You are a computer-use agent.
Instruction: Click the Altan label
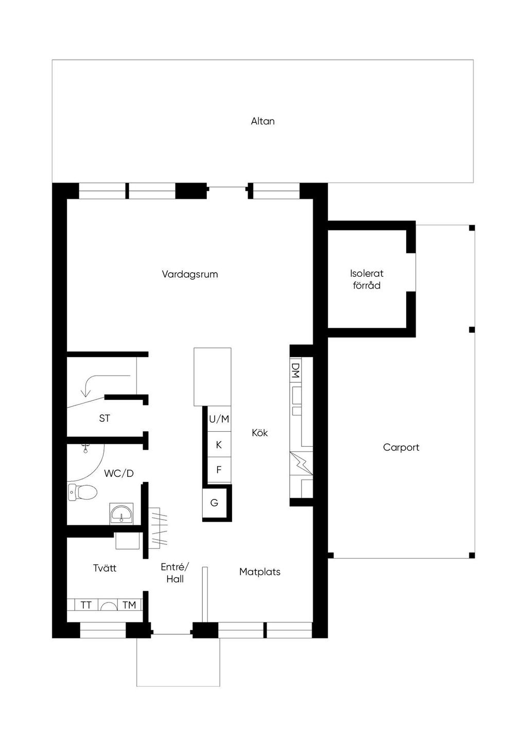[x=262, y=121]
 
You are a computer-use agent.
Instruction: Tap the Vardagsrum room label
[x=190, y=274]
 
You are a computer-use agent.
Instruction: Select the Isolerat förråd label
[x=367, y=279]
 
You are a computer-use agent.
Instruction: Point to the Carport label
[x=401, y=448]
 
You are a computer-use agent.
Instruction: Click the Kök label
[x=260, y=433]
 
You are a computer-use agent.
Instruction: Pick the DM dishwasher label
[x=295, y=370]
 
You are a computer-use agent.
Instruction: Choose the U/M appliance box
[x=219, y=419]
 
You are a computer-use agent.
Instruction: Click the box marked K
[x=219, y=445]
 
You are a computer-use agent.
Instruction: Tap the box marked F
[x=219, y=470]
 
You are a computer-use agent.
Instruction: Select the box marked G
[x=215, y=503]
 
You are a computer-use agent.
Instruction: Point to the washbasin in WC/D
[x=121, y=513]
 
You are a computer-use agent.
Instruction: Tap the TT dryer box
[x=86, y=605]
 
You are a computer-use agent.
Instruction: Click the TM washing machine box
[x=129, y=605]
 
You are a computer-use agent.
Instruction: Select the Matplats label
[x=260, y=572]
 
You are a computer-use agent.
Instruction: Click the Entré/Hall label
[x=175, y=573]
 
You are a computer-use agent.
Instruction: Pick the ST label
[x=104, y=418]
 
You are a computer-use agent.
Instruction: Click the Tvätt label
[x=104, y=568]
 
